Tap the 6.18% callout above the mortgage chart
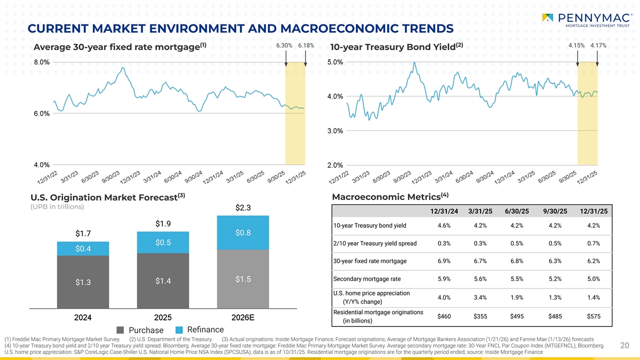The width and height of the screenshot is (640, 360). click(x=306, y=46)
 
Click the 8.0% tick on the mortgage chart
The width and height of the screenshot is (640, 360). click(x=42, y=62)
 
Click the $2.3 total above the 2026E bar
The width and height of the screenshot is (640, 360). click(x=243, y=207)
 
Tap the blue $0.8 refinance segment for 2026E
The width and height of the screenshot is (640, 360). click(x=243, y=233)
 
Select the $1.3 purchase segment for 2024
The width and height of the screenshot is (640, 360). click(x=83, y=282)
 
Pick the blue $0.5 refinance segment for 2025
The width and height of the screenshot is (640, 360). click(x=163, y=243)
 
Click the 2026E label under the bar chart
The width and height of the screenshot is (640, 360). click(x=243, y=318)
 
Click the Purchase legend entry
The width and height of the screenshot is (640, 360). click(x=139, y=331)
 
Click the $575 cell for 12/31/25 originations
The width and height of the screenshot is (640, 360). click(x=594, y=316)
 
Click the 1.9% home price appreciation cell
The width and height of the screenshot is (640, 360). click(x=516, y=297)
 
